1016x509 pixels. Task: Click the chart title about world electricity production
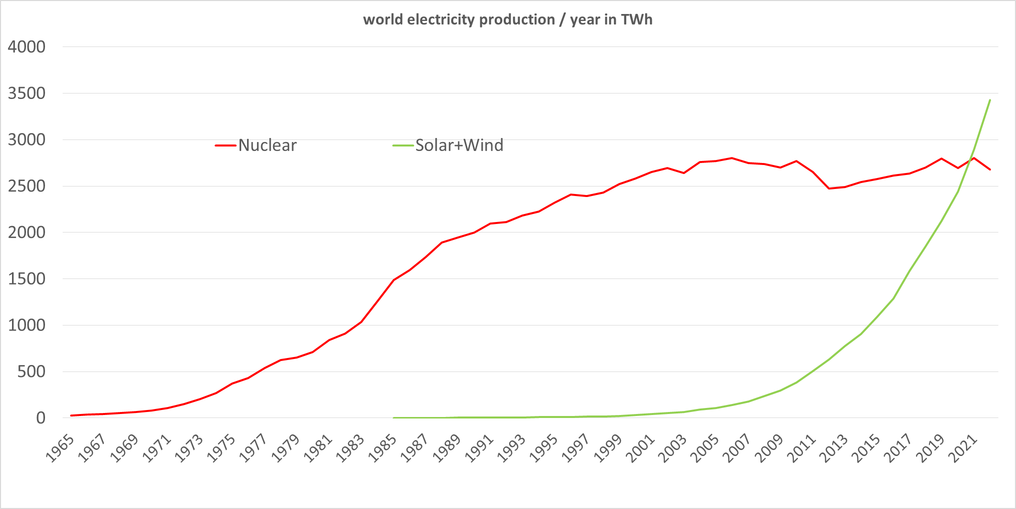tap(507, 19)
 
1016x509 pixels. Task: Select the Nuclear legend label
tap(267, 145)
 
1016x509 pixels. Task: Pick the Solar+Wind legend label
tap(459, 145)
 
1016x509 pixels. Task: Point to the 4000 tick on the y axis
tap(27, 47)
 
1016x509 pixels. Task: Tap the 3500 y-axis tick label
tap(27, 93)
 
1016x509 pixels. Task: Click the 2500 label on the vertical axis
tap(27, 186)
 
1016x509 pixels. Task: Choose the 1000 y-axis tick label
tap(27, 325)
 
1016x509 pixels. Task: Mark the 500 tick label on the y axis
tap(31, 371)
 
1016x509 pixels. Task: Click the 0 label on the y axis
tap(41, 418)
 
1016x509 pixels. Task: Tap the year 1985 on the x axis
tap(382, 448)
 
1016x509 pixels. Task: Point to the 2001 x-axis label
tap(640, 448)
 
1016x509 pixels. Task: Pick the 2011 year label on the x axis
tap(801, 448)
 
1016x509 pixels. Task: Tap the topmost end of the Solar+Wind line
tap(990, 100)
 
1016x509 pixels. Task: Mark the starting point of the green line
tap(394, 417)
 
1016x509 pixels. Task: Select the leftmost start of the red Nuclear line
tap(72, 415)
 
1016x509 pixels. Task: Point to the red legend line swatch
tap(225, 145)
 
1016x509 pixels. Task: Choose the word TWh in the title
tap(636, 19)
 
